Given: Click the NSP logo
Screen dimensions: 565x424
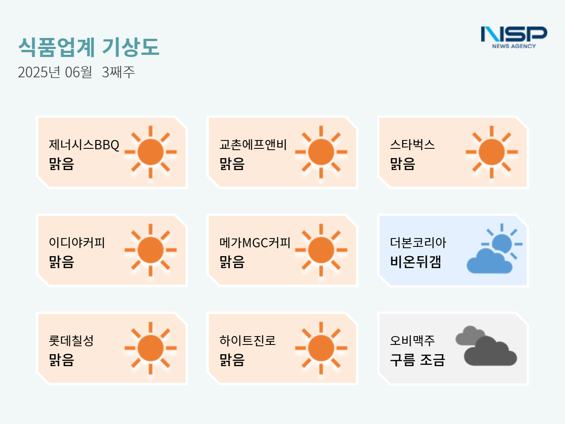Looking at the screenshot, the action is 514,38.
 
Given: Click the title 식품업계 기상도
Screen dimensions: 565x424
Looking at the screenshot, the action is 89,47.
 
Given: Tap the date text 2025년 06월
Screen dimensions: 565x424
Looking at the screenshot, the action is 55,72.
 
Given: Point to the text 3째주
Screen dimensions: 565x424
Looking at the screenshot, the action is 118,72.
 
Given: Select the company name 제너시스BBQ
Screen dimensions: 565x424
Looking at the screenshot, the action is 84,145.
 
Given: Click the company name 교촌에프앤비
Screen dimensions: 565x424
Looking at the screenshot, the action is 253,144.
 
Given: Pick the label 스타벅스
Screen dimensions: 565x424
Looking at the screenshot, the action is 412,144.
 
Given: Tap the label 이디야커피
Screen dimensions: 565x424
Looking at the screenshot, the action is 77,242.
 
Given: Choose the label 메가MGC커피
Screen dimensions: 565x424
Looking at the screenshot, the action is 255,242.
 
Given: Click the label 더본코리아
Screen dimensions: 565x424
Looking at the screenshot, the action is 418,242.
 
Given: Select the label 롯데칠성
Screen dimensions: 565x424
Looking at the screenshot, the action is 72,341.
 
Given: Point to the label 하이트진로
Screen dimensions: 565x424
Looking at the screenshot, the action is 247,341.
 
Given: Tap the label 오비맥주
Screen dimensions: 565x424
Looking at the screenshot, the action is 412,341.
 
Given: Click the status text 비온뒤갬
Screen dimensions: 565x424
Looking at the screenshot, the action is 415,262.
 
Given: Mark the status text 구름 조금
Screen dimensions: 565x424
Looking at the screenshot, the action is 418,360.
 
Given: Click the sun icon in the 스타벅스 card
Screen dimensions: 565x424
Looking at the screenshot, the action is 492,152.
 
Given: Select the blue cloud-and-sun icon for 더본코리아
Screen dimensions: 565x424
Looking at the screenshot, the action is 494,248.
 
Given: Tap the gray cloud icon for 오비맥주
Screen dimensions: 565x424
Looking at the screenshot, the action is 486,346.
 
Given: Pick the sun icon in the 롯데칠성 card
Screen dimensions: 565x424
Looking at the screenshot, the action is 151,348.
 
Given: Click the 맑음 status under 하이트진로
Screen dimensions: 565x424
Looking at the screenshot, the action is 232,360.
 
